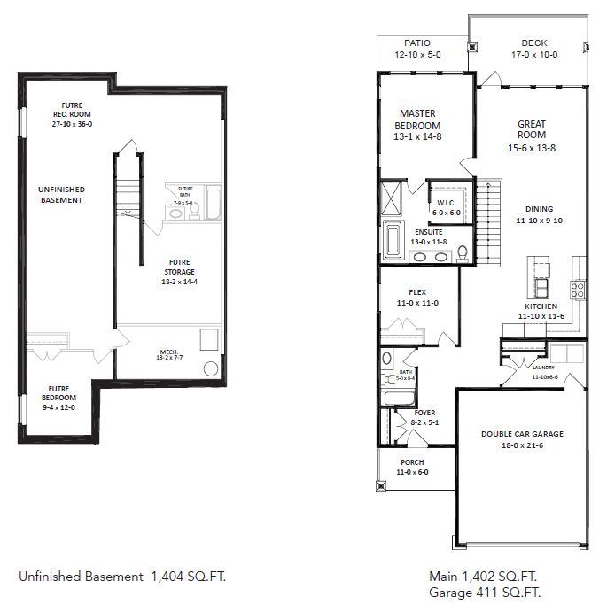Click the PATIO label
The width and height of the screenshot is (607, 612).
pos(417,43)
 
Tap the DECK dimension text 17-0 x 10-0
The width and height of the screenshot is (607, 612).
pos(533,54)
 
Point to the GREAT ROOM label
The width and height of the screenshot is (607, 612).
pos(532,129)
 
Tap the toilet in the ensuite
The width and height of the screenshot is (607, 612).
pos(463,254)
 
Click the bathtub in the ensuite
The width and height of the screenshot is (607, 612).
pos(393,239)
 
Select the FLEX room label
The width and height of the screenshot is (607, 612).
pos(417,292)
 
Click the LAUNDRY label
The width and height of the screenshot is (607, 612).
pos(543,367)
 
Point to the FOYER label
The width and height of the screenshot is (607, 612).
pos(424,413)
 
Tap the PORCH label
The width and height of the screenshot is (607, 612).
pos(411,462)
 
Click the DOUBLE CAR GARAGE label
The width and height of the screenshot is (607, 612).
pos(522,434)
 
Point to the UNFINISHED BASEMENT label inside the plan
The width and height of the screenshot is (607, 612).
pos(61,195)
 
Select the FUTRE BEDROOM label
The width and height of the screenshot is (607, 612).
pos(59,393)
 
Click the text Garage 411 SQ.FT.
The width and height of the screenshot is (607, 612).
pos(485,592)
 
